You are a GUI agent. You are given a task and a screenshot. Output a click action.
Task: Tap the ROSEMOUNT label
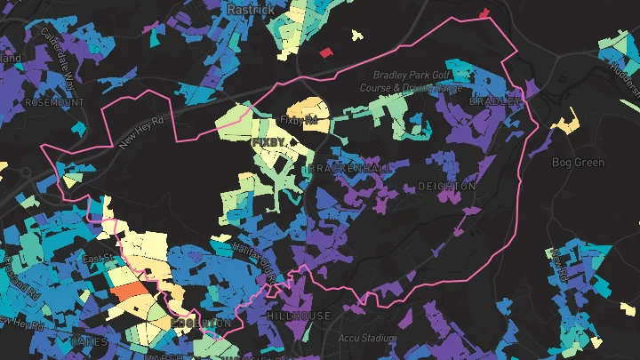[x=55, y=102]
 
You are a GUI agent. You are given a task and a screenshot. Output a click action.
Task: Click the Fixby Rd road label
[x=298, y=119]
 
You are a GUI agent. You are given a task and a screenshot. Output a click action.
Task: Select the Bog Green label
[x=578, y=163]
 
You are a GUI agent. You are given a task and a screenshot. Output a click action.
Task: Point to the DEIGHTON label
[x=447, y=187]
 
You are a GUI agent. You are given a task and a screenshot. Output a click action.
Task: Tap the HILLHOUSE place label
[x=299, y=316]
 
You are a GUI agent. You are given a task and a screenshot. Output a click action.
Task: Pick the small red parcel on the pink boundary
[x=484, y=13]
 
